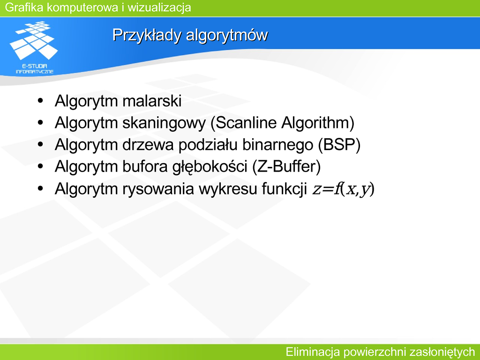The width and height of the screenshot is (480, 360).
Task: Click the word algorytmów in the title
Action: [x=227, y=35]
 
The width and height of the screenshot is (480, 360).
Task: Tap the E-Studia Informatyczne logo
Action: [x=34, y=47]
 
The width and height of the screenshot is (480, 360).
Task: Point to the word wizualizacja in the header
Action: [x=159, y=7]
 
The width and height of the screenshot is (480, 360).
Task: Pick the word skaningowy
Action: [x=164, y=123]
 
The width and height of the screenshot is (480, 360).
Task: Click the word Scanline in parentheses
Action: [x=247, y=123]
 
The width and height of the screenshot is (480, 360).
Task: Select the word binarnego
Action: [x=277, y=145]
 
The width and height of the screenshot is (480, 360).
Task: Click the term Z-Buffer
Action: [x=286, y=166]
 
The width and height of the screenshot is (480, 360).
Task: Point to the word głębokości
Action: [x=210, y=167]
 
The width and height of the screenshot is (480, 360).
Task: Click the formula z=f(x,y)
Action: [x=343, y=189]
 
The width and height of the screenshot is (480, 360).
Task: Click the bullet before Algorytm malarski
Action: [x=40, y=101]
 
